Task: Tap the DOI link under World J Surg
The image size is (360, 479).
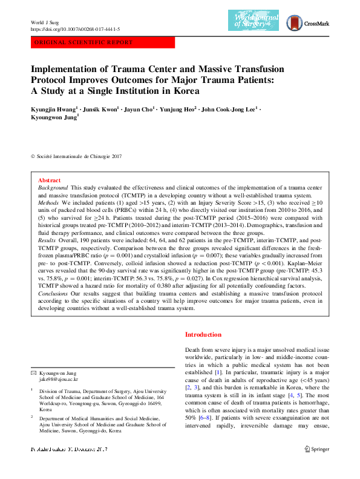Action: pyautogui.click(x=74, y=28)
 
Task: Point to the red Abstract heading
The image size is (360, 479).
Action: pyautogui.click(x=49, y=180)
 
